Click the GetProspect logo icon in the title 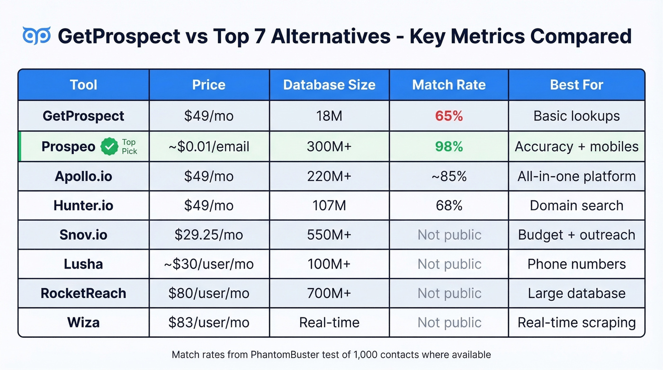[36, 36]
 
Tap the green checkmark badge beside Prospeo [109, 147]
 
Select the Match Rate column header [448, 85]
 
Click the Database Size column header [329, 85]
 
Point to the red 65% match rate [449, 116]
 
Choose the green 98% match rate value [449, 147]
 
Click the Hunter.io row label [83, 206]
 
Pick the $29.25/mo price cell [208, 235]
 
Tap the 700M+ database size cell [329, 293]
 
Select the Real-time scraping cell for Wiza [576, 323]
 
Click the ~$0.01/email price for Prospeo [208, 147]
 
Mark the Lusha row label [83, 264]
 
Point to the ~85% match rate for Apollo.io [449, 176]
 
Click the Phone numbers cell [576, 264]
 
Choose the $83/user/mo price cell [208, 323]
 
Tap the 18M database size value [329, 116]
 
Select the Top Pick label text [129, 147]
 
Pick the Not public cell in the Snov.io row [449, 235]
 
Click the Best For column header [576, 85]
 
